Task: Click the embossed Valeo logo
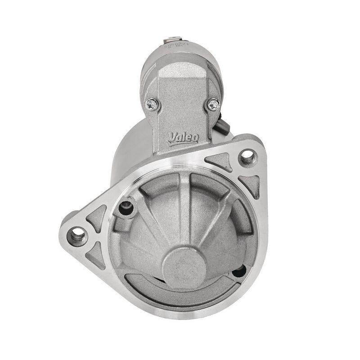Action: pyautogui.click(x=183, y=138)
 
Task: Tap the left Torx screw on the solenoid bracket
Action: pyautogui.click(x=153, y=104)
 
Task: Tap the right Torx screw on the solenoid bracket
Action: pyautogui.click(x=213, y=104)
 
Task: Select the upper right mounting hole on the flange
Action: pyautogui.click(x=247, y=156)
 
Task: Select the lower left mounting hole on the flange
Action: pyautogui.click(x=77, y=234)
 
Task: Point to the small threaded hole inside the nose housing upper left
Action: pyautogui.click(x=126, y=207)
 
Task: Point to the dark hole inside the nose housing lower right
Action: pyautogui.click(x=239, y=271)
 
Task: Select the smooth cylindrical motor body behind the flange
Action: pyautogui.click(x=130, y=148)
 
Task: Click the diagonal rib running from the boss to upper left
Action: pyautogui.click(x=151, y=216)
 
